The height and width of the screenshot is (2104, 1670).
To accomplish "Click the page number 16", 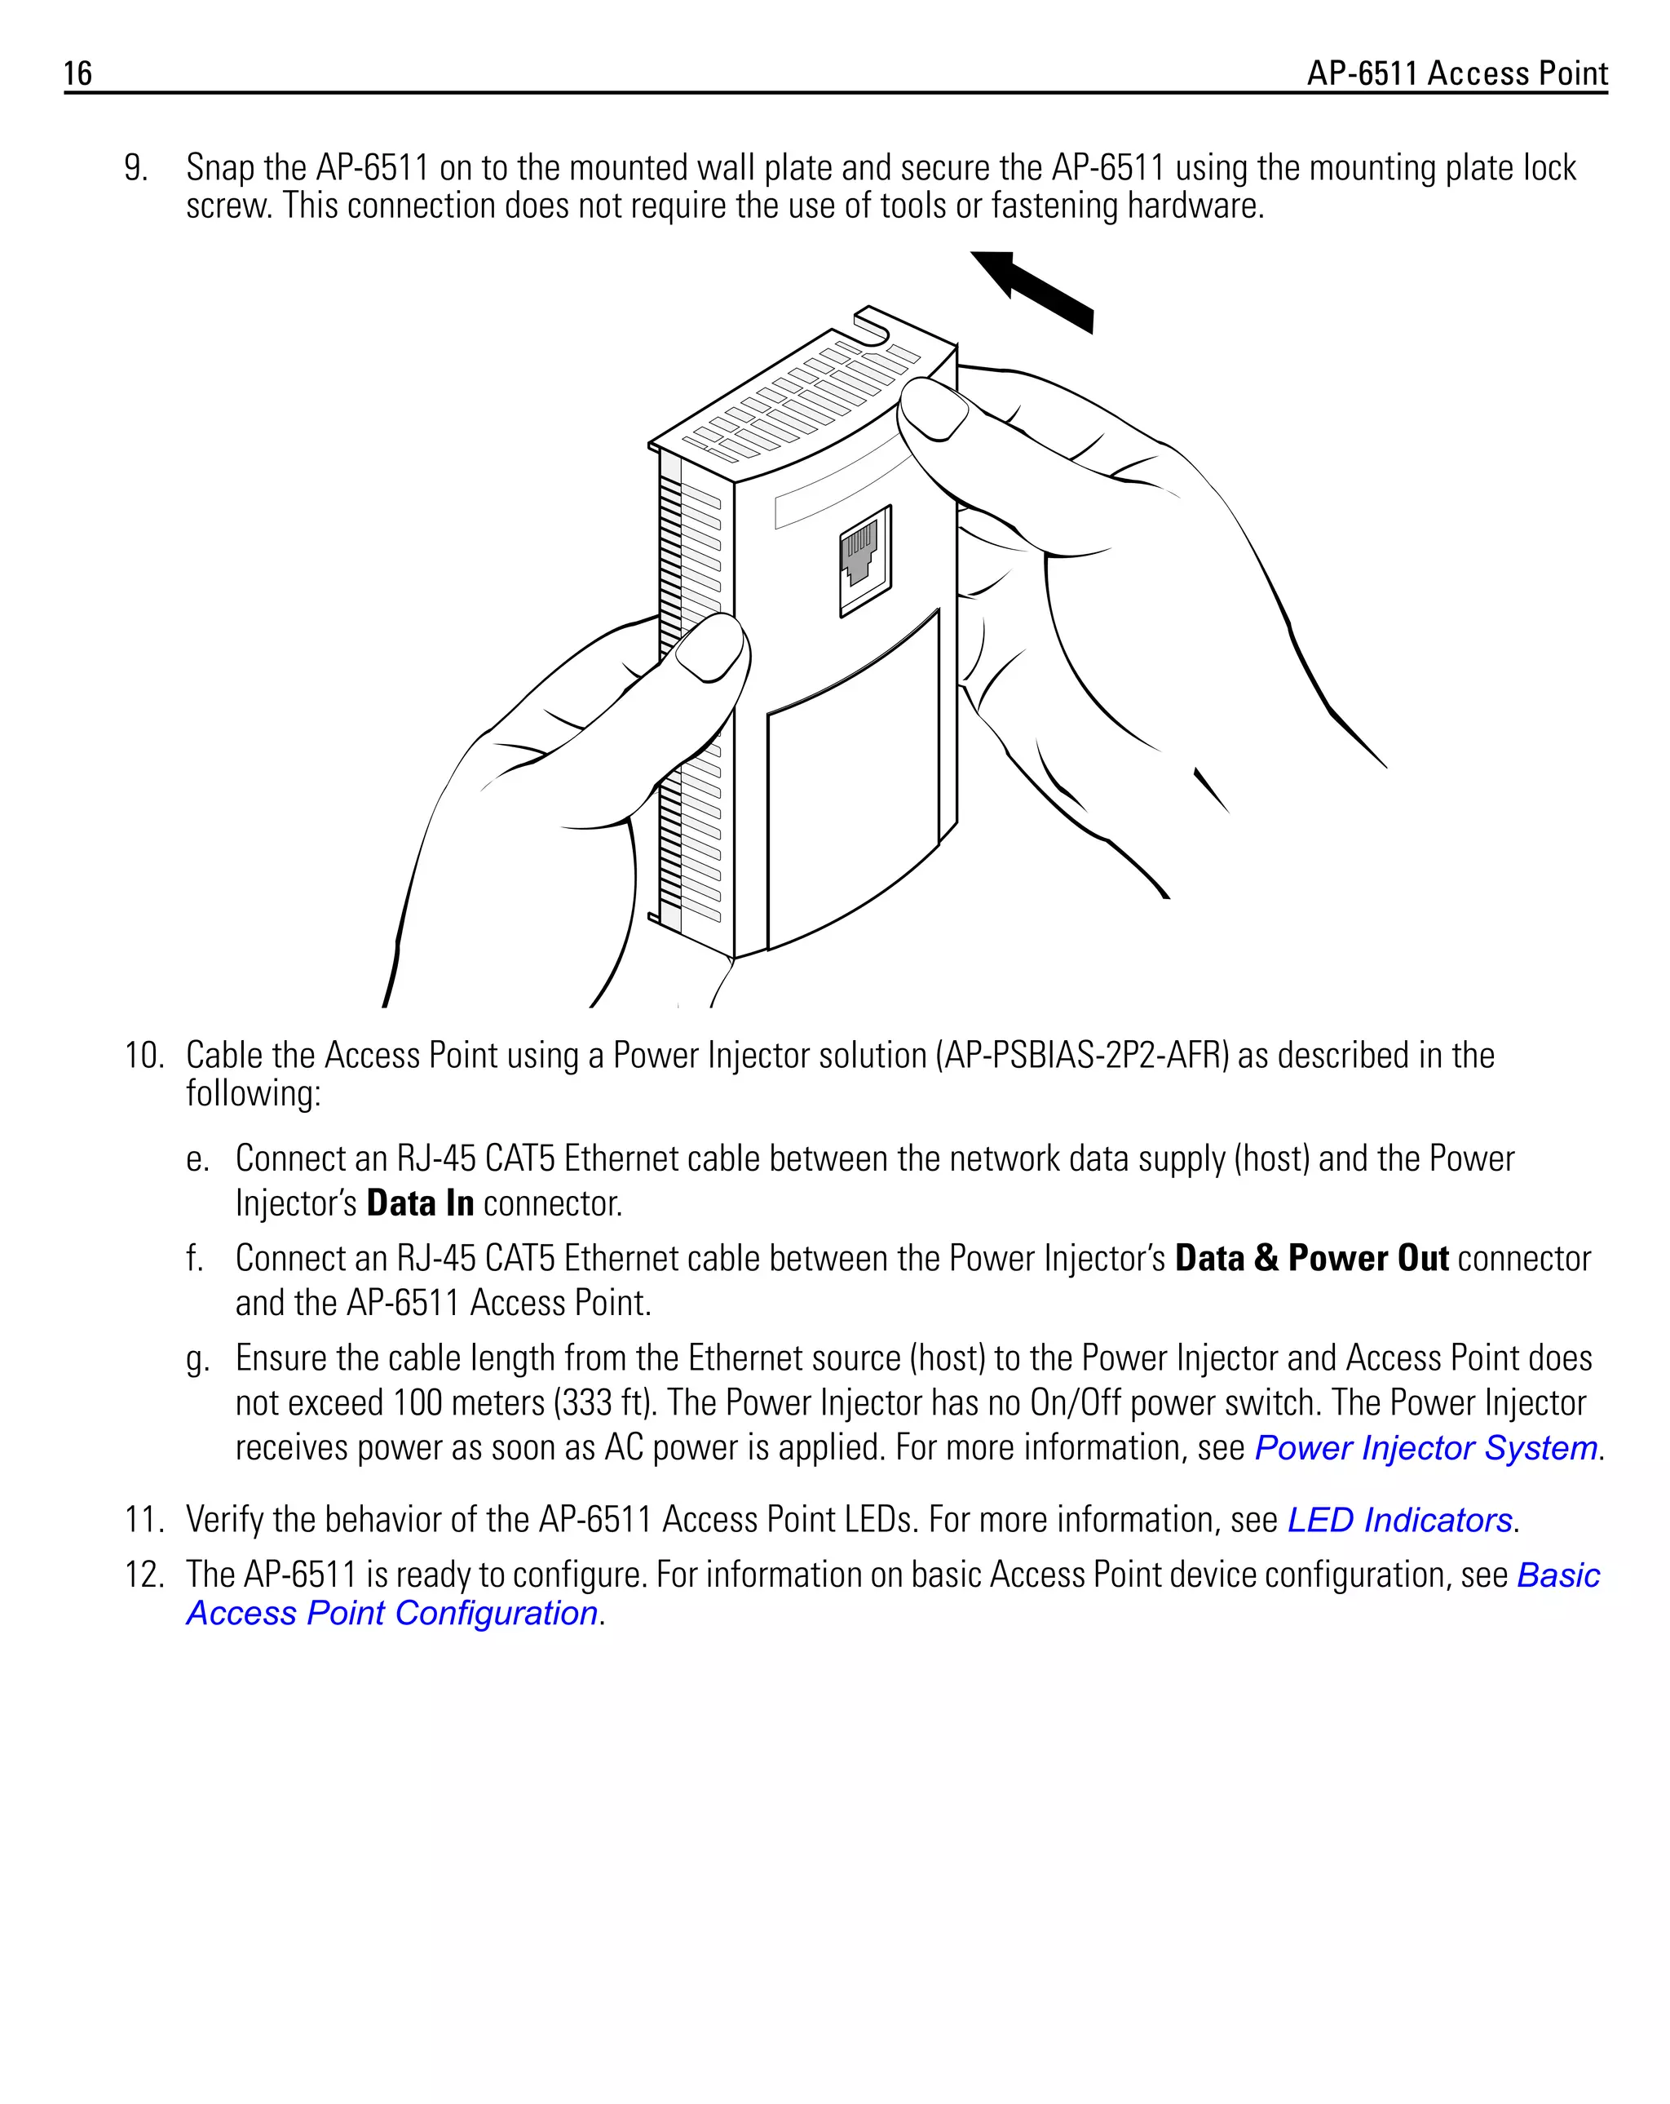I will tap(78, 74).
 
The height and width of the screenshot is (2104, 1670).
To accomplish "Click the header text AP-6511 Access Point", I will tap(1456, 74).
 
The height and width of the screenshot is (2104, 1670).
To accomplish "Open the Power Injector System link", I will tap(1425, 1448).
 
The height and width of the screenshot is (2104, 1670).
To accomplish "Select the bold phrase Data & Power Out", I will tap(1311, 1258).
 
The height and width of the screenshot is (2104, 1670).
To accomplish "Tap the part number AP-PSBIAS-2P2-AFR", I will tap(1083, 1056).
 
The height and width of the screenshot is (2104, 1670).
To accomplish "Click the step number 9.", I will tap(135, 169).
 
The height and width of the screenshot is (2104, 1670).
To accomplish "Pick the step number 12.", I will tap(144, 1575).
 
